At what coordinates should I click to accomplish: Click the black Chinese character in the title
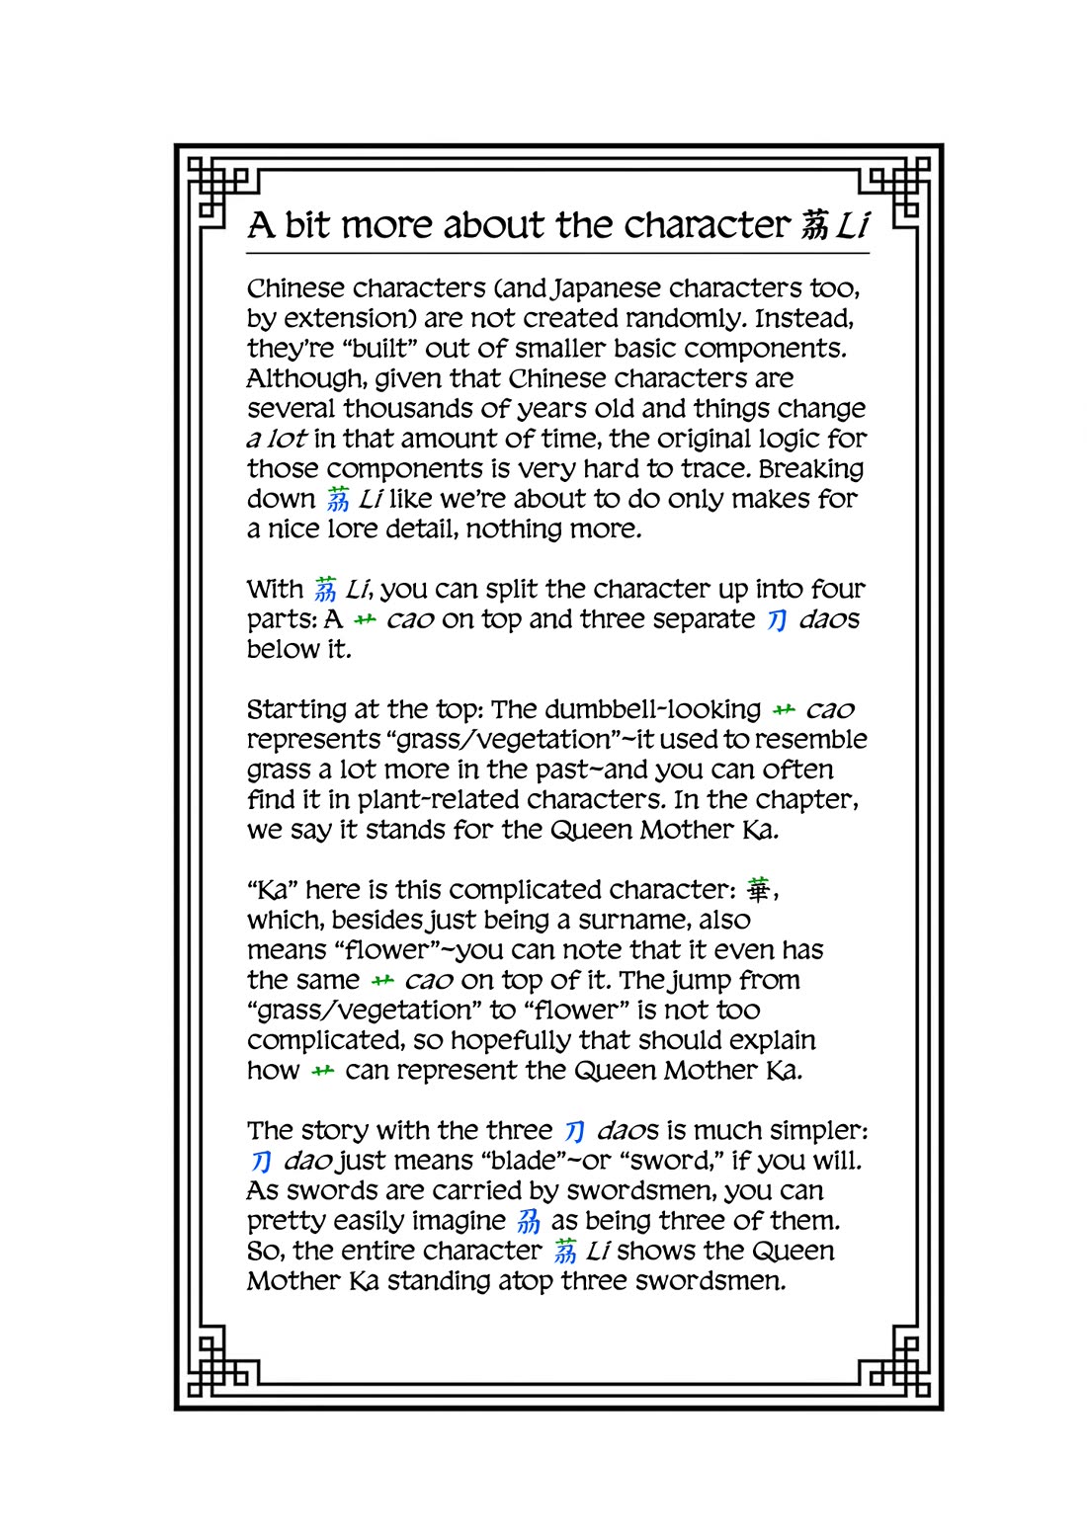pyautogui.click(x=814, y=226)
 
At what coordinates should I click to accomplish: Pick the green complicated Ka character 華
pyautogui.click(x=758, y=890)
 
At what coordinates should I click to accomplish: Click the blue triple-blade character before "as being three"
pyautogui.click(x=530, y=1222)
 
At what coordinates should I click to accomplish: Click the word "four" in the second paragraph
pyautogui.click(x=837, y=590)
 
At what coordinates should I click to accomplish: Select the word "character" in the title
pyautogui.click(x=708, y=226)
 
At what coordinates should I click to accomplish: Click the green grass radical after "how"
pyautogui.click(x=323, y=1072)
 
